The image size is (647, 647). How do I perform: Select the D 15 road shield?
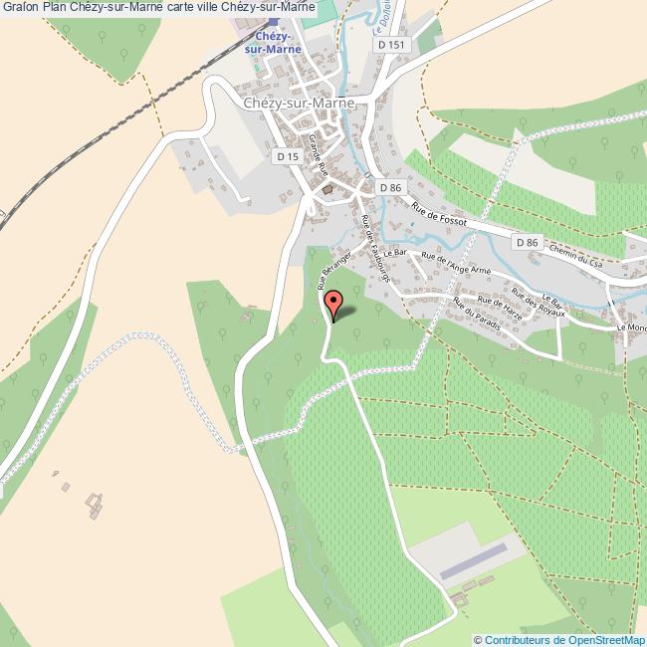coord(287,156)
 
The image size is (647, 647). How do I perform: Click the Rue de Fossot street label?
coord(438,216)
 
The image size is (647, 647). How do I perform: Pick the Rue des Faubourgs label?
coord(375,249)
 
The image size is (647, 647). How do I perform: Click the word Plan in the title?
coord(54,7)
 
